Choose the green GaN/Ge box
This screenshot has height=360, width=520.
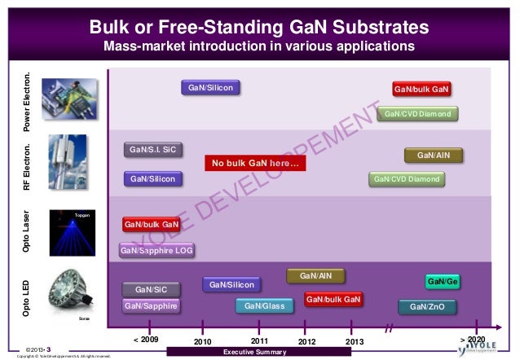(x=443, y=282)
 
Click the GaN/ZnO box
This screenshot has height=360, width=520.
(x=427, y=307)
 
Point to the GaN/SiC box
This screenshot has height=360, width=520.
(x=151, y=289)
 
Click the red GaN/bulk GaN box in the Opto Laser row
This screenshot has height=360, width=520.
(x=151, y=224)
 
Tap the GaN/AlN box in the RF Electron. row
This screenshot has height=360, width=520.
(x=433, y=155)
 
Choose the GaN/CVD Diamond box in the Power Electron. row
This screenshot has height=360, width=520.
(x=416, y=114)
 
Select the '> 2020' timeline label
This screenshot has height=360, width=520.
(x=472, y=339)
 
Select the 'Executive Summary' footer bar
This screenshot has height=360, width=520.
(x=254, y=352)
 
